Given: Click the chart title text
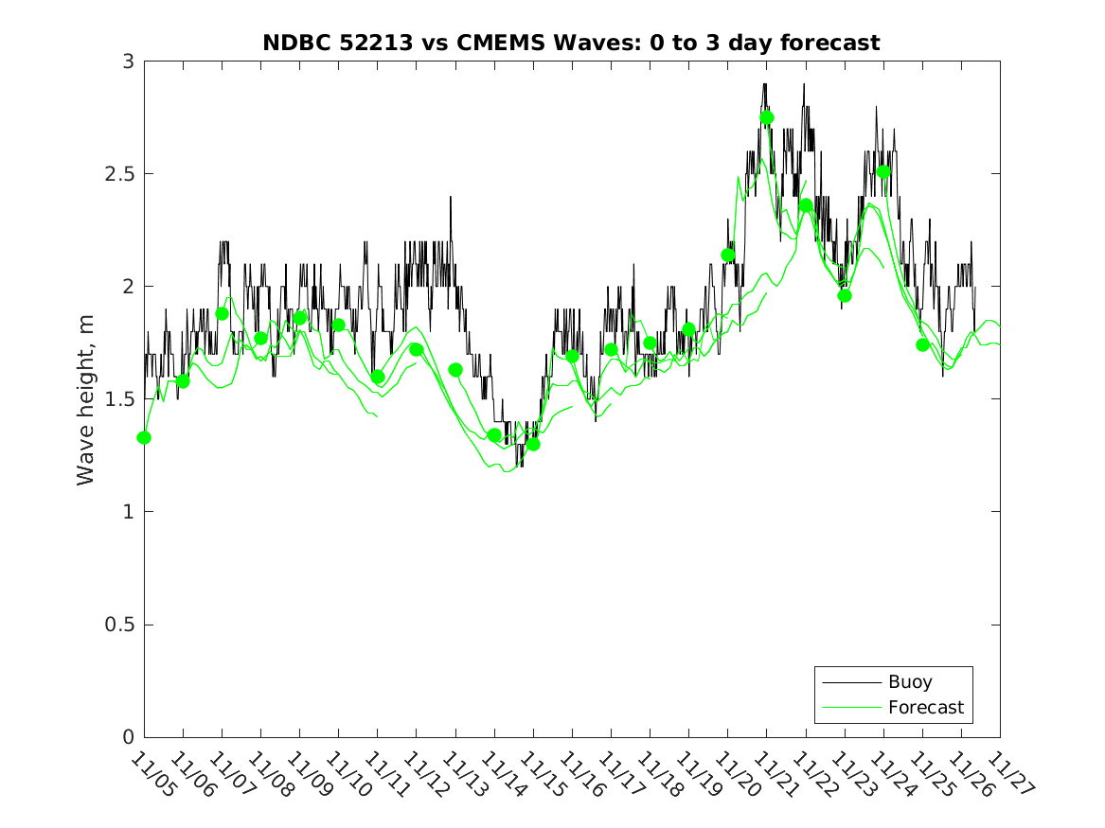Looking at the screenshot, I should (571, 43).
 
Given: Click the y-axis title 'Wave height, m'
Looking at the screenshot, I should (86, 400).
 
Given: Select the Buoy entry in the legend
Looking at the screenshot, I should (909, 682).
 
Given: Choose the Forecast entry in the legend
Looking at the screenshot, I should (925, 707).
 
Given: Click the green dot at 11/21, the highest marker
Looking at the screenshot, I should (767, 117).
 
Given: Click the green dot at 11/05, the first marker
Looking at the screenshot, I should (144, 437).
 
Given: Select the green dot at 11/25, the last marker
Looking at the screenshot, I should (923, 344).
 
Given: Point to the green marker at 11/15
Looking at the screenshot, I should (533, 444).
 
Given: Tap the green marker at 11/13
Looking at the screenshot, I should (455, 370).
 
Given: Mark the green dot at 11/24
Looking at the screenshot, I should (883, 172).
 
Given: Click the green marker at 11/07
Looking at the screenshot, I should (223, 314).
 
